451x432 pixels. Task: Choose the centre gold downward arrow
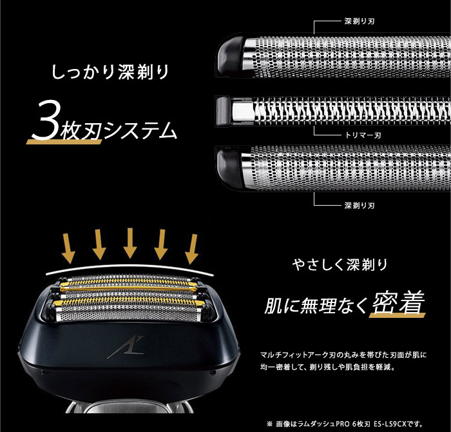(x=130, y=242)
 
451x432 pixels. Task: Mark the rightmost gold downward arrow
(x=191, y=248)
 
